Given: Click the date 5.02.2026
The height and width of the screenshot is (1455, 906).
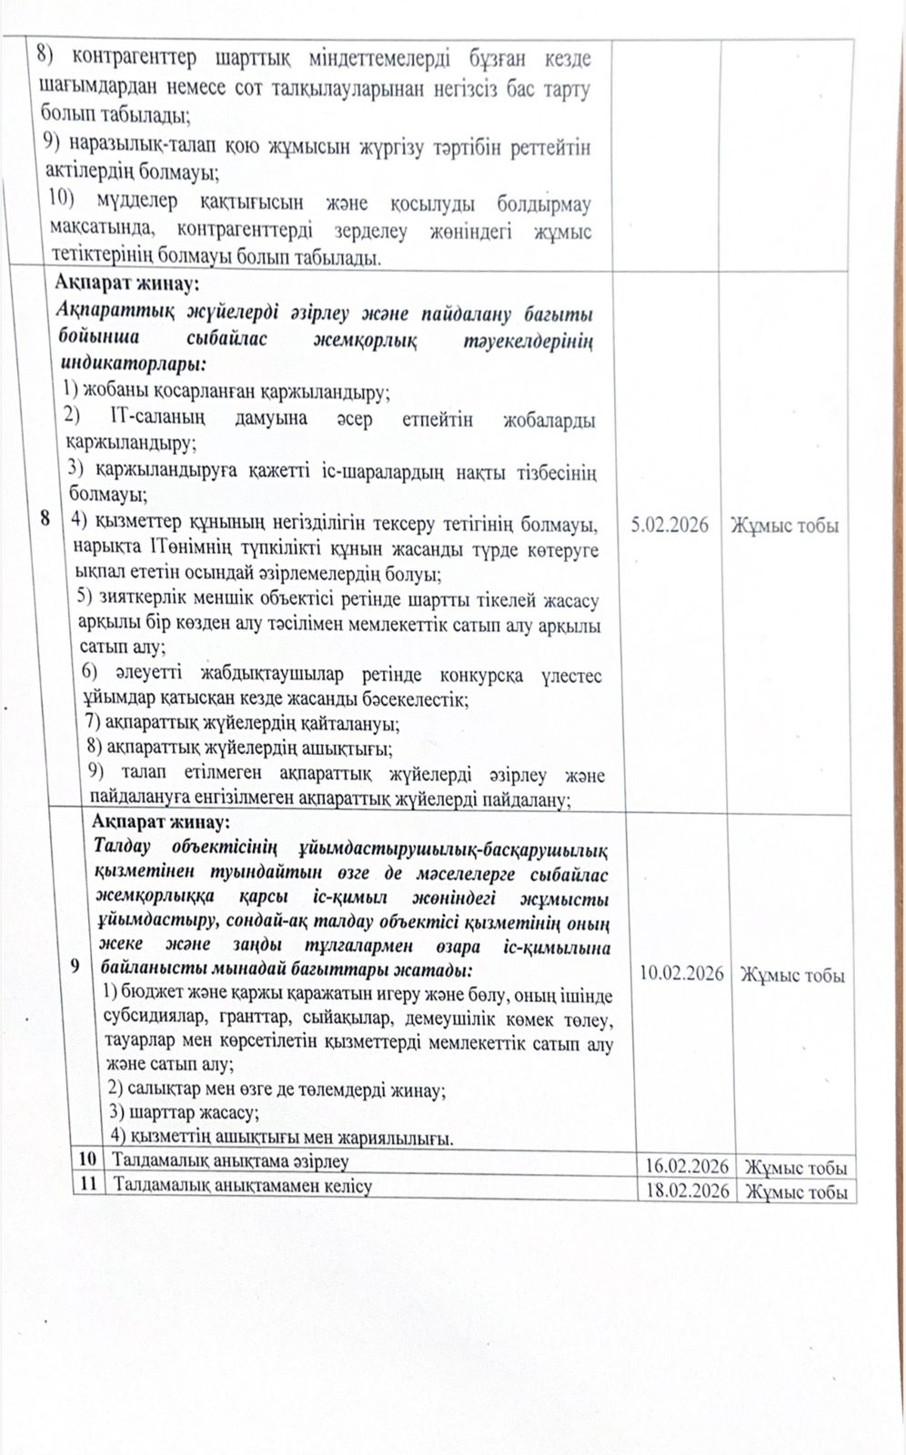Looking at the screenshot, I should (x=669, y=525).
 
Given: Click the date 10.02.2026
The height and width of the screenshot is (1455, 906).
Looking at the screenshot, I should (x=681, y=973).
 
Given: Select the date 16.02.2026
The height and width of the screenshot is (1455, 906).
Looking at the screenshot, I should (x=687, y=1167).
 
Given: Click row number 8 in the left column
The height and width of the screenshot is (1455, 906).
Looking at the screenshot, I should (x=45, y=519).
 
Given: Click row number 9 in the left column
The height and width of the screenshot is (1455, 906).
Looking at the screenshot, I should (x=74, y=965).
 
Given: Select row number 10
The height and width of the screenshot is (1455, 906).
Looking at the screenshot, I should (x=87, y=1159).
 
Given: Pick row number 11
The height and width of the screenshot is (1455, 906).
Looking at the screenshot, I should (x=87, y=1185).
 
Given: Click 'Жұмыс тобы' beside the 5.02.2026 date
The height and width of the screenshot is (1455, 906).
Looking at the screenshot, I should (x=784, y=526).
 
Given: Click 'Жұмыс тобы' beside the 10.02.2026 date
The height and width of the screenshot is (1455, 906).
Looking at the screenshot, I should (x=792, y=975).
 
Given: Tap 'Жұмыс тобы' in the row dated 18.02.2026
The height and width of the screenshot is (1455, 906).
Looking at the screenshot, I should (x=796, y=1192).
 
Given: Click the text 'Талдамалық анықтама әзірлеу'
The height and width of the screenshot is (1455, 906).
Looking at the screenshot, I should (x=230, y=1161).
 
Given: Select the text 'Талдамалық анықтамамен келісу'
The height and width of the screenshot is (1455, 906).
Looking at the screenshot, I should (x=242, y=1186).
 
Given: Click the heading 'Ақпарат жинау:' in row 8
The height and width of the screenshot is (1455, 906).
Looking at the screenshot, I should (x=126, y=284).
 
